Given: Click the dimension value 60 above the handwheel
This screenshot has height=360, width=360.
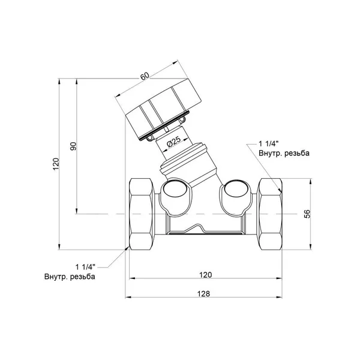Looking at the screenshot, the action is (x=145, y=76).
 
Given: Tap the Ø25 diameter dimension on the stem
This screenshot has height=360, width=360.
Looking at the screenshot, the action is (x=174, y=142).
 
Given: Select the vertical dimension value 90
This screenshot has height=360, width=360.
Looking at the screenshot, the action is (x=73, y=146).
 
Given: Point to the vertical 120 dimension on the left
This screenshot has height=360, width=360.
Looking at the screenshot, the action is (x=56, y=164).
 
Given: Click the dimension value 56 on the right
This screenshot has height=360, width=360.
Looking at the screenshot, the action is (x=307, y=214).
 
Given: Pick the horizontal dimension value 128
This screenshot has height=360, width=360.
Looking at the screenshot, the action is (x=203, y=293).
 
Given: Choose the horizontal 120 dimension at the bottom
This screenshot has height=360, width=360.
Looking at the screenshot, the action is (x=205, y=275).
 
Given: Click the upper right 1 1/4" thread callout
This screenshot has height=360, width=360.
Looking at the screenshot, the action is (x=269, y=144).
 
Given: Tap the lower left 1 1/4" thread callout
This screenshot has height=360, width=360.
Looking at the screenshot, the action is (x=85, y=267).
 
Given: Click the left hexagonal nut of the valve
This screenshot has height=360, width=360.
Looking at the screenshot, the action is (x=140, y=214).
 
